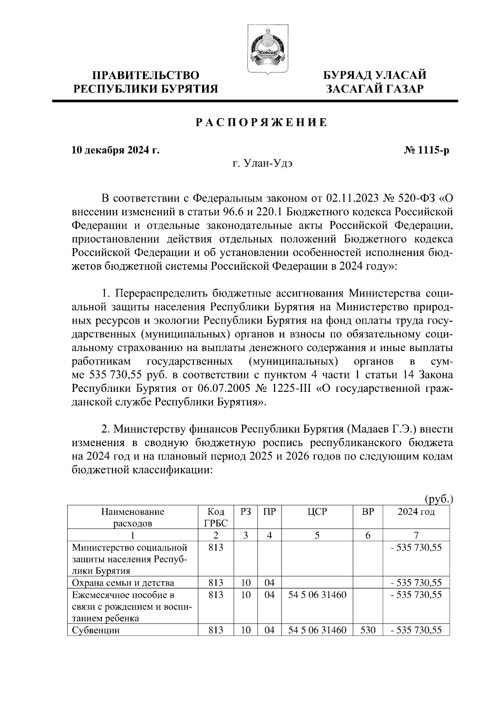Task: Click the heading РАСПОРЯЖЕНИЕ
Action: pyautogui.click(x=261, y=123)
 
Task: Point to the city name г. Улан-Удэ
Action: pyautogui.click(x=263, y=164)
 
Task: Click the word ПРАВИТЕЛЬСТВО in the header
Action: pyautogui.click(x=146, y=76)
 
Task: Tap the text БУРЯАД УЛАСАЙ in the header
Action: pyautogui.click(x=375, y=76)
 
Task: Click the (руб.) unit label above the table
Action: pyautogui.click(x=438, y=499)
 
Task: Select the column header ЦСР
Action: pyautogui.click(x=317, y=512)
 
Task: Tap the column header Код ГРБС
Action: pyautogui.click(x=215, y=517)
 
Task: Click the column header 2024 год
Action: pyautogui.click(x=415, y=512)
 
